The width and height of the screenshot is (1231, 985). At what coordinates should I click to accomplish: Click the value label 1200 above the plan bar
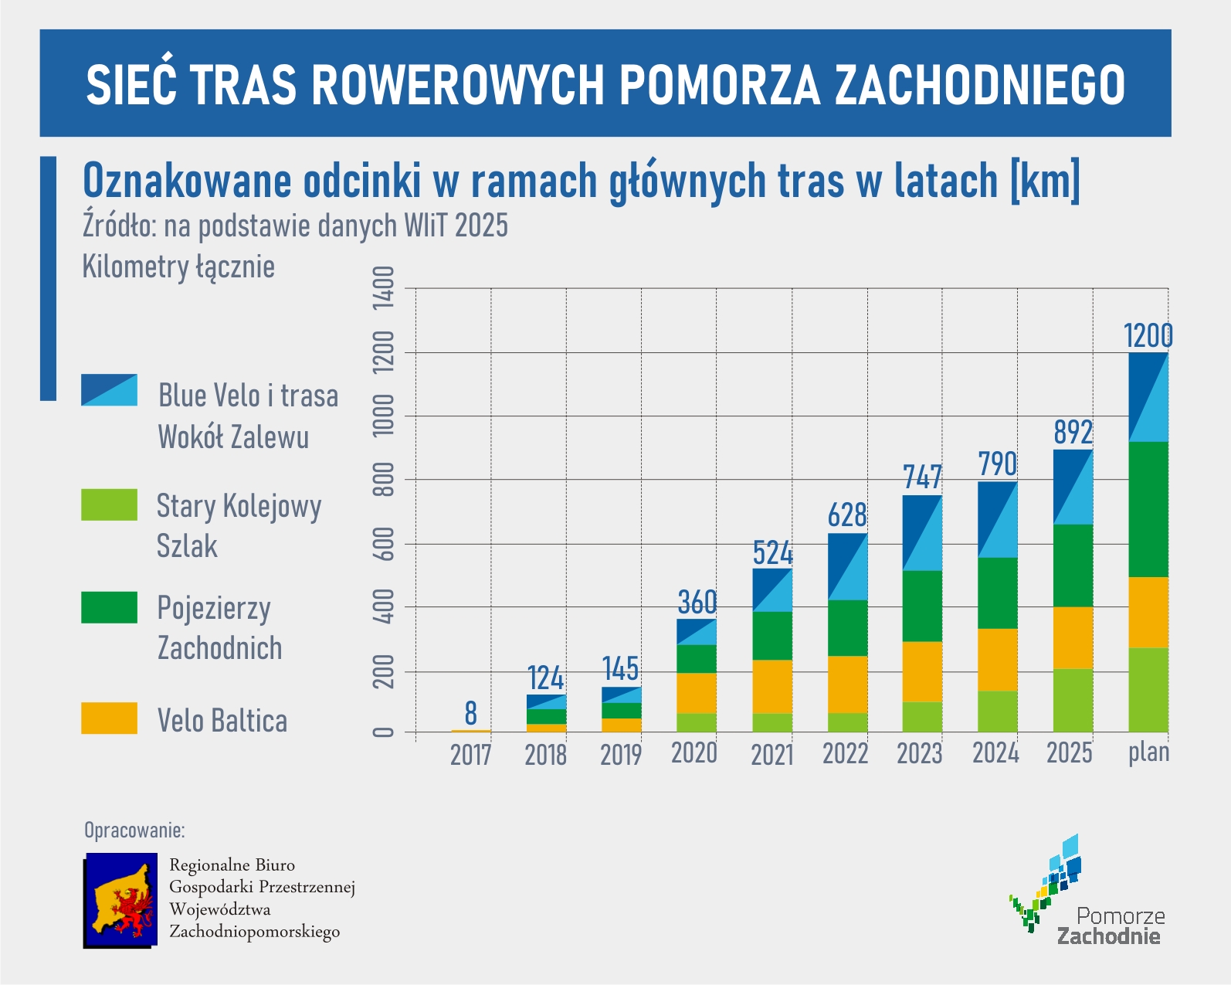point(1148,336)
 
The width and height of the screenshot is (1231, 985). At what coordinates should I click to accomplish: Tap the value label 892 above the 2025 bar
point(1073,433)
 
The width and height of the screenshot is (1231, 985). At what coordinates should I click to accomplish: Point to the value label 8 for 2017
point(471,712)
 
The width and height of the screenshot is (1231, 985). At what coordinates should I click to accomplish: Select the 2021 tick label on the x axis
point(772,754)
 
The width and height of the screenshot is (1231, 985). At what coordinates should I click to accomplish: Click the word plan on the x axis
point(1148,752)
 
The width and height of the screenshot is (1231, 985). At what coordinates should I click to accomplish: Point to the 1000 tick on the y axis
point(384,416)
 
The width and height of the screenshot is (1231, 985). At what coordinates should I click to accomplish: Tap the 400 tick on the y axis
point(384,607)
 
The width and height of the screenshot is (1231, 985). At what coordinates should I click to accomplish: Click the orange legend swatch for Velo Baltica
point(109,718)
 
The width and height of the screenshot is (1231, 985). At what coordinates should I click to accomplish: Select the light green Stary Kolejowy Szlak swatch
point(109,504)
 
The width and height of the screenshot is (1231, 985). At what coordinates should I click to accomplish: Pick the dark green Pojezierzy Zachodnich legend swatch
point(109,607)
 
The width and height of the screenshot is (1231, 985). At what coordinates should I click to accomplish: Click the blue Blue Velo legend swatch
point(109,390)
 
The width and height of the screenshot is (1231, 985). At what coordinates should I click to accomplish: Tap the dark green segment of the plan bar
point(1148,509)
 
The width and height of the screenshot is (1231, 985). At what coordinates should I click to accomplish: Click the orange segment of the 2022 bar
point(847,684)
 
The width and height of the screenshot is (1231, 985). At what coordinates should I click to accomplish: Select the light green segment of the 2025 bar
point(1073,700)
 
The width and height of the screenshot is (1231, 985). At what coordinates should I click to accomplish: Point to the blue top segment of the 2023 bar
point(923,533)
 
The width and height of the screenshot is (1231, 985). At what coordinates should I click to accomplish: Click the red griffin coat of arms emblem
point(121,901)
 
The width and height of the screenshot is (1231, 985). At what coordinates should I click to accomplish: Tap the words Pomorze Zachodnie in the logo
point(1111,926)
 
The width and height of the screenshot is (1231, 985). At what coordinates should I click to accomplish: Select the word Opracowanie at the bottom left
point(134,830)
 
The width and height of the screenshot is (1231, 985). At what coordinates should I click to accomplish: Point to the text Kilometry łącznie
point(178,267)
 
